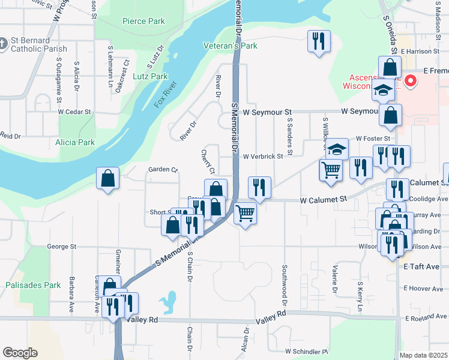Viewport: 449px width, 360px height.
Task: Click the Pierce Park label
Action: pyautogui.click(x=143, y=21)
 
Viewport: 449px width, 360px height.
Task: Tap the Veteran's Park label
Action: pyautogui.click(x=231, y=46)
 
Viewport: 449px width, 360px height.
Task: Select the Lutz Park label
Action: pyautogui.click(x=150, y=76)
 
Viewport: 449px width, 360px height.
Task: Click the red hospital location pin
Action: pyautogui.click(x=411, y=80)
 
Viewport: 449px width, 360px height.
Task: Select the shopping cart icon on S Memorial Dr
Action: pyautogui.click(x=245, y=212)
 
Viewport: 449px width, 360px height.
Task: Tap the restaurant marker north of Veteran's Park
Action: pyautogui.click(x=317, y=41)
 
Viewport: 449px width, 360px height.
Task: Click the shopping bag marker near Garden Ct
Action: pyautogui.click(x=107, y=178)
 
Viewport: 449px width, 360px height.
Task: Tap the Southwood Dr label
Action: pyautogui.click(x=285, y=283)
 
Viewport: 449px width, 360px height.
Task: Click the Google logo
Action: pyautogui.click(x=20, y=353)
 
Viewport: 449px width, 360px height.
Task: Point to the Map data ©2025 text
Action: pyautogui.click(x=424, y=355)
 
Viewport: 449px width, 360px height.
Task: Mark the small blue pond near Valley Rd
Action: pyautogui.click(x=169, y=299)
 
